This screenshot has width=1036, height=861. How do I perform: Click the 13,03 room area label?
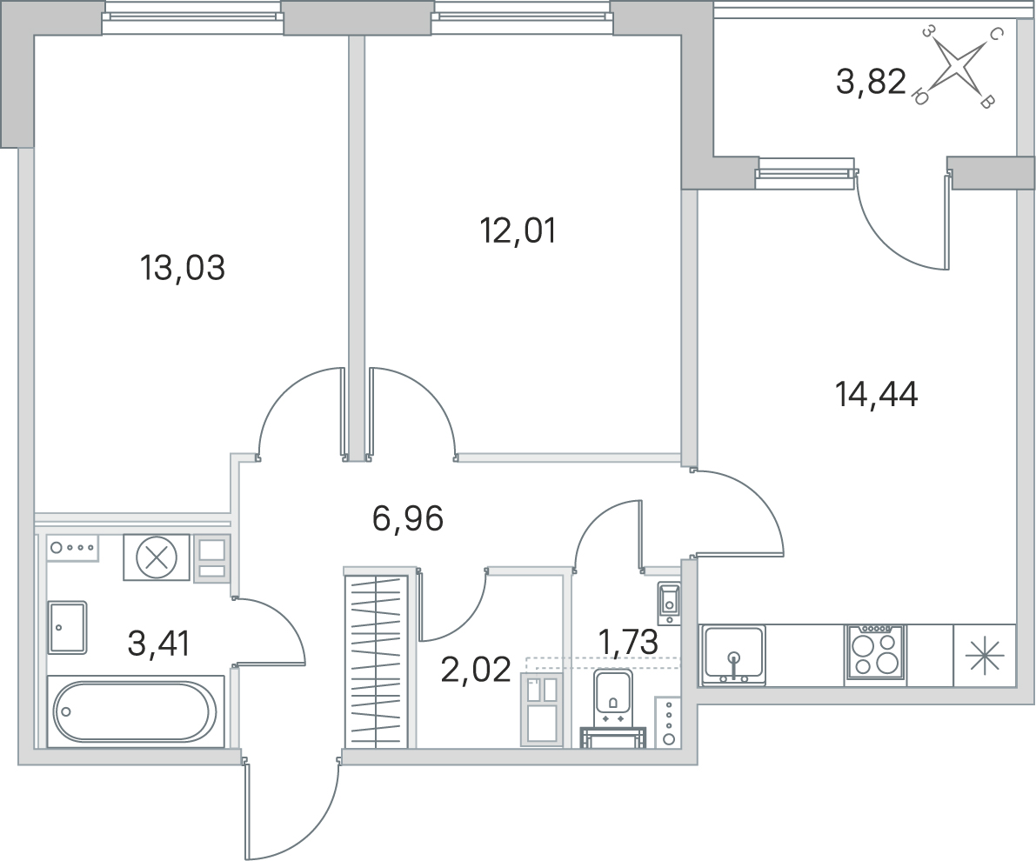coord(183,269)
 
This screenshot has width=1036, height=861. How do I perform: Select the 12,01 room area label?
coord(518,231)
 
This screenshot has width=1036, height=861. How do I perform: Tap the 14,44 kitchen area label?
coord(877,395)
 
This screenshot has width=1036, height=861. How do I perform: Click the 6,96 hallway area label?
coord(408,518)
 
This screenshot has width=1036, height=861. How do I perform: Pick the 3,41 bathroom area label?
coord(158,644)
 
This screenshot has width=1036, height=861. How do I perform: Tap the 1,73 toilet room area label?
coord(628,643)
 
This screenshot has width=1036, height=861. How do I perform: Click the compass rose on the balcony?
coord(957,67)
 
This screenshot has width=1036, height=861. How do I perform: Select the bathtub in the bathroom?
coord(135,712)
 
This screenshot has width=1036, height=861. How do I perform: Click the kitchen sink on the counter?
coord(732,654)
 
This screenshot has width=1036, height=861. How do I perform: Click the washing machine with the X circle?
coord(157,557)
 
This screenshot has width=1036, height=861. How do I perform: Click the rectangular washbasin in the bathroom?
coord(67,628)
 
